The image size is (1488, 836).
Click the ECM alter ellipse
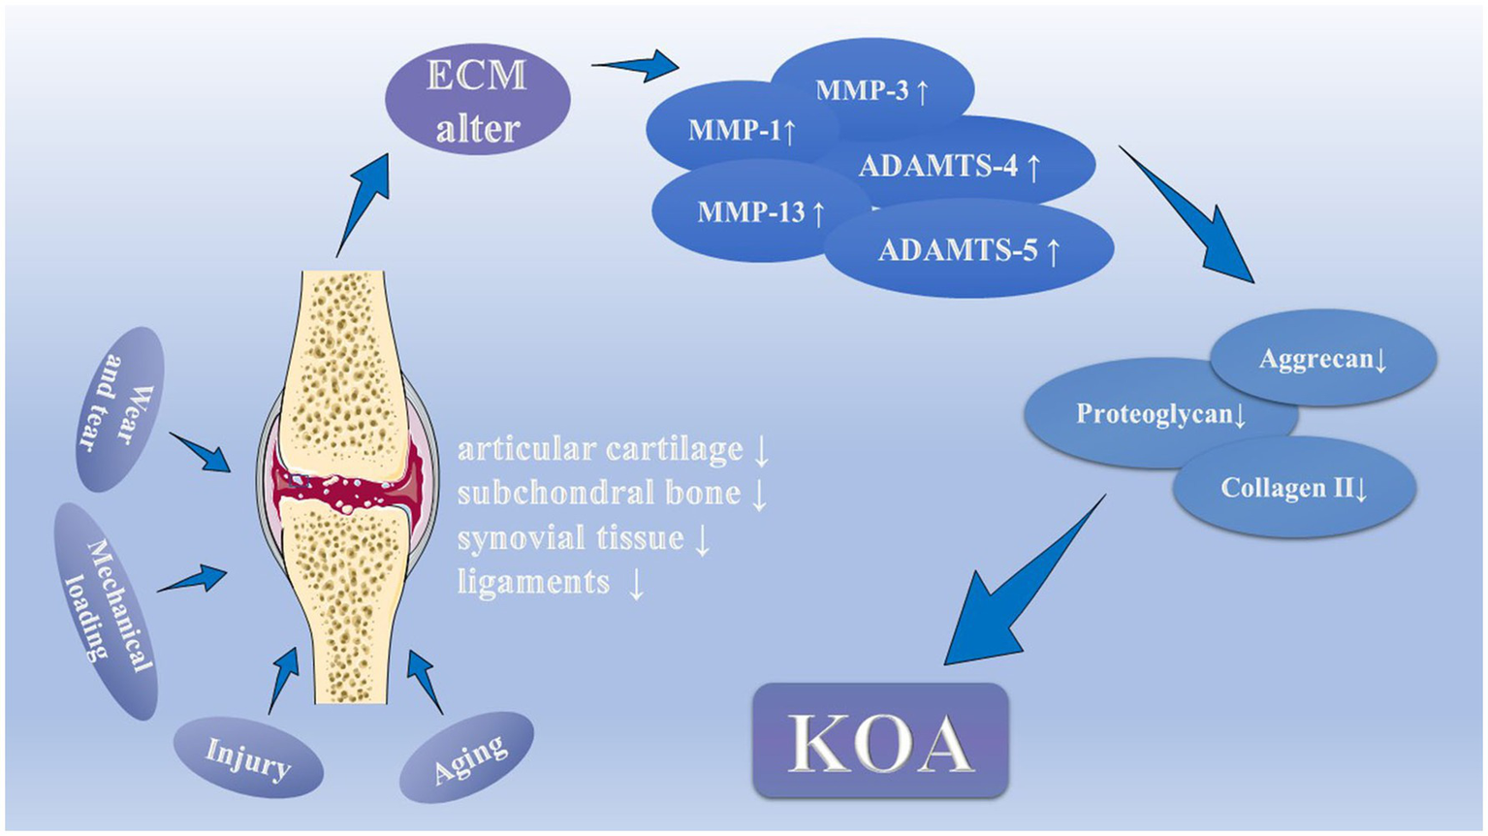pyautogui.click(x=477, y=100)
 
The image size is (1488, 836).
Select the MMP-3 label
pyautogui.click(x=871, y=91)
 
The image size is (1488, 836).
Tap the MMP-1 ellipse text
pyautogui.click(x=742, y=130)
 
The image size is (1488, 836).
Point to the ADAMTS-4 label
pyautogui.click(x=949, y=166)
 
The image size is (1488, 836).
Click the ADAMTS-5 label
pyautogui.click(x=968, y=250)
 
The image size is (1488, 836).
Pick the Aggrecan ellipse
pyautogui.click(x=1323, y=359)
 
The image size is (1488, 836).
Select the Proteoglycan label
pyautogui.click(x=1159, y=414)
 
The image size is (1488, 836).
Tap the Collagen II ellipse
pyautogui.click(x=1293, y=487)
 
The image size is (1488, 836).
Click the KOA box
pyautogui.click(x=880, y=741)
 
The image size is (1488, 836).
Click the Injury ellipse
pyautogui.click(x=247, y=757)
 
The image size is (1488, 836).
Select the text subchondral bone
pyautogui.click(x=599, y=494)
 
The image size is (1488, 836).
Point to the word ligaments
pyautogui.click(x=533, y=582)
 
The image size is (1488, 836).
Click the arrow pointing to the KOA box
pyautogui.click(x=1018, y=587)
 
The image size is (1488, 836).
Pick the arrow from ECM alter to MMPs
pyautogui.click(x=635, y=66)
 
